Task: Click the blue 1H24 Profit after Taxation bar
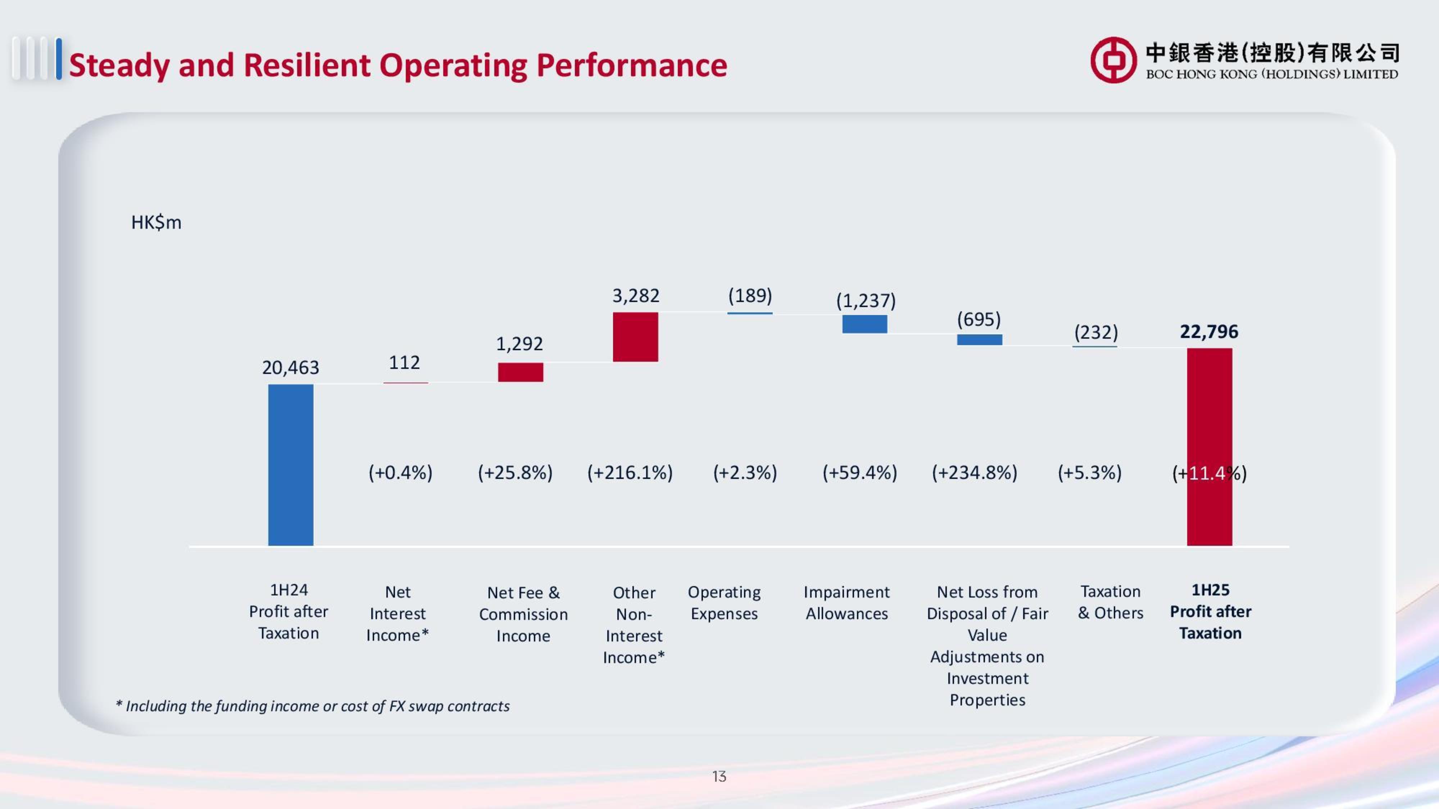click(x=290, y=465)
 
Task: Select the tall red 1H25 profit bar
click(x=1209, y=447)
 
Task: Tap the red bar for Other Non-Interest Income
click(x=635, y=337)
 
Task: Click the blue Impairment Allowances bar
click(x=864, y=324)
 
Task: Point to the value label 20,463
click(x=290, y=367)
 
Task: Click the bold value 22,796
click(x=1209, y=332)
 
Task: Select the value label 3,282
click(x=636, y=295)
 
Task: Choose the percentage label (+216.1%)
click(x=630, y=472)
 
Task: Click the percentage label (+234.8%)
click(x=974, y=472)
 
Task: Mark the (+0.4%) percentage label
click(x=400, y=472)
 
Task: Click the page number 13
click(x=719, y=776)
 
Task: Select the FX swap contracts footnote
click(x=313, y=706)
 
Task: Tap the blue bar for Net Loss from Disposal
click(x=979, y=339)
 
